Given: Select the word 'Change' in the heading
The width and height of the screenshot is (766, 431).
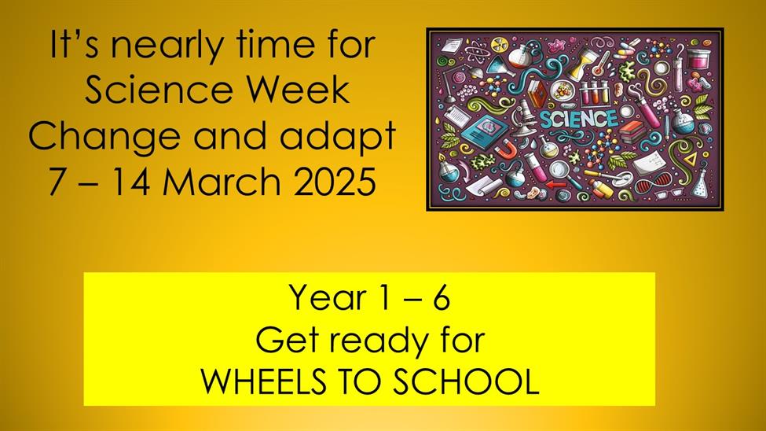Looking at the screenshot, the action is coord(104,138).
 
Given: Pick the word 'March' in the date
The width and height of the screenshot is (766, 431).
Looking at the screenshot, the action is coord(222,182).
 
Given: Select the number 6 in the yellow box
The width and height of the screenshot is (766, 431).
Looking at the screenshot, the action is coord(441,297).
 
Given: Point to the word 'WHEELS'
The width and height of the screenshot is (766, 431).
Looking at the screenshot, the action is coord(263,381).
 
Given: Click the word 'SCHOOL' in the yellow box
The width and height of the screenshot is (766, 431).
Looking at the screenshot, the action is coord(466,381).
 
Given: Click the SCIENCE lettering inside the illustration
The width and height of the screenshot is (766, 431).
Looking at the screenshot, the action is coord(579,119).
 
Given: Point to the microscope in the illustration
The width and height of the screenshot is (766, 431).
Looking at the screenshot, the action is coord(522,117).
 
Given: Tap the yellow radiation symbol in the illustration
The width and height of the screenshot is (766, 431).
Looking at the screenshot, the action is coord(498,42).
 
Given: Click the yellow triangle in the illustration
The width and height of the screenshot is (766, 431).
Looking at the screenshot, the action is coord(691,159).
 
